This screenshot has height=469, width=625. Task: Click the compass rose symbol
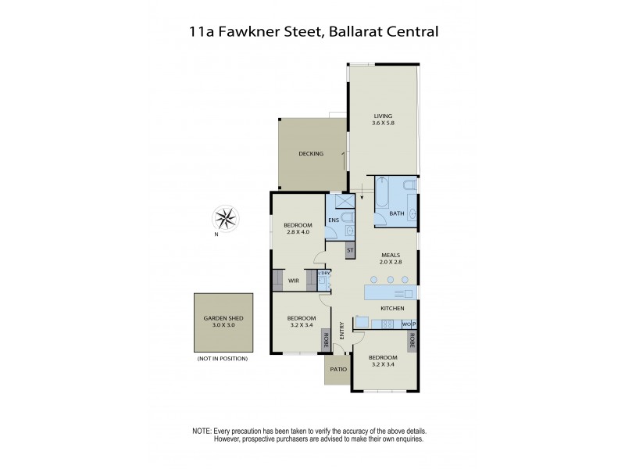click(x=226, y=218)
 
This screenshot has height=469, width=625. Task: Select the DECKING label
click(x=311, y=154)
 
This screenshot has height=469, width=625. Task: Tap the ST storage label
click(x=350, y=250)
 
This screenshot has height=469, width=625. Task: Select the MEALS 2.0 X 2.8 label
click(x=391, y=258)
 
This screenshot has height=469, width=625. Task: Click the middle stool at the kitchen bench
click(x=390, y=279)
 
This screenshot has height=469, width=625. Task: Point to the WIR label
click(x=294, y=280)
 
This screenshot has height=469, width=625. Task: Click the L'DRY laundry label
click(x=324, y=273)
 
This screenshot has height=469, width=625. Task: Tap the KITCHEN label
click(x=391, y=309)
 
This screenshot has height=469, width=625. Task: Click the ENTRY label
click(x=341, y=330)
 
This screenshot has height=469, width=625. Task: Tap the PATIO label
click(x=337, y=369)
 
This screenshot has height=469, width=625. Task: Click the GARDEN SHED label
click(x=224, y=321)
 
